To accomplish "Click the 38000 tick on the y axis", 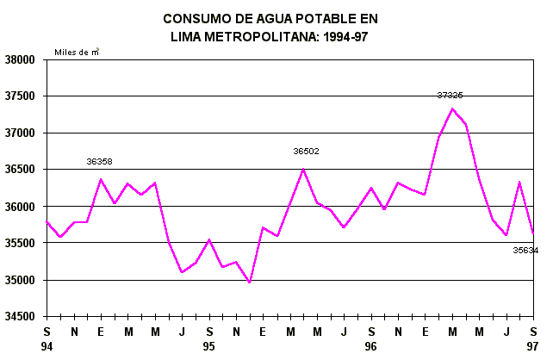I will pyautogui.click(x=20, y=60).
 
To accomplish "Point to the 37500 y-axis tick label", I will pyautogui.click(x=20, y=97).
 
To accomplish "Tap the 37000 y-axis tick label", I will pyautogui.click(x=20, y=133).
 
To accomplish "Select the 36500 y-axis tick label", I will pyautogui.click(x=20, y=171).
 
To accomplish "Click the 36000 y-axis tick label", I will pyautogui.click(x=20, y=208).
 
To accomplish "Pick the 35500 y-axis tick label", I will pyautogui.click(x=20, y=244).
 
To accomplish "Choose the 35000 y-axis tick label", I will pyautogui.click(x=20, y=281).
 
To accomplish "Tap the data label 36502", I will pyautogui.click(x=306, y=151).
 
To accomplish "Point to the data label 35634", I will pyautogui.click(x=525, y=251).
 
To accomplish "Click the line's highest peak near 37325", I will pyautogui.click(x=452, y=109).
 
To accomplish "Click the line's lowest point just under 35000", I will pyautogui.click(x=249, y=282).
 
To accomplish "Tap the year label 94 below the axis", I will pyautogui.click(x=48, y=344).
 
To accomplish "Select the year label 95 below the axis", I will pyautogui.click(x=209, y=344).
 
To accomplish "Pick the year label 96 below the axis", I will pyautogui.click(x=371, y=344).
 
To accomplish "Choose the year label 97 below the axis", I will pyautogui.click(x=533, y=344).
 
